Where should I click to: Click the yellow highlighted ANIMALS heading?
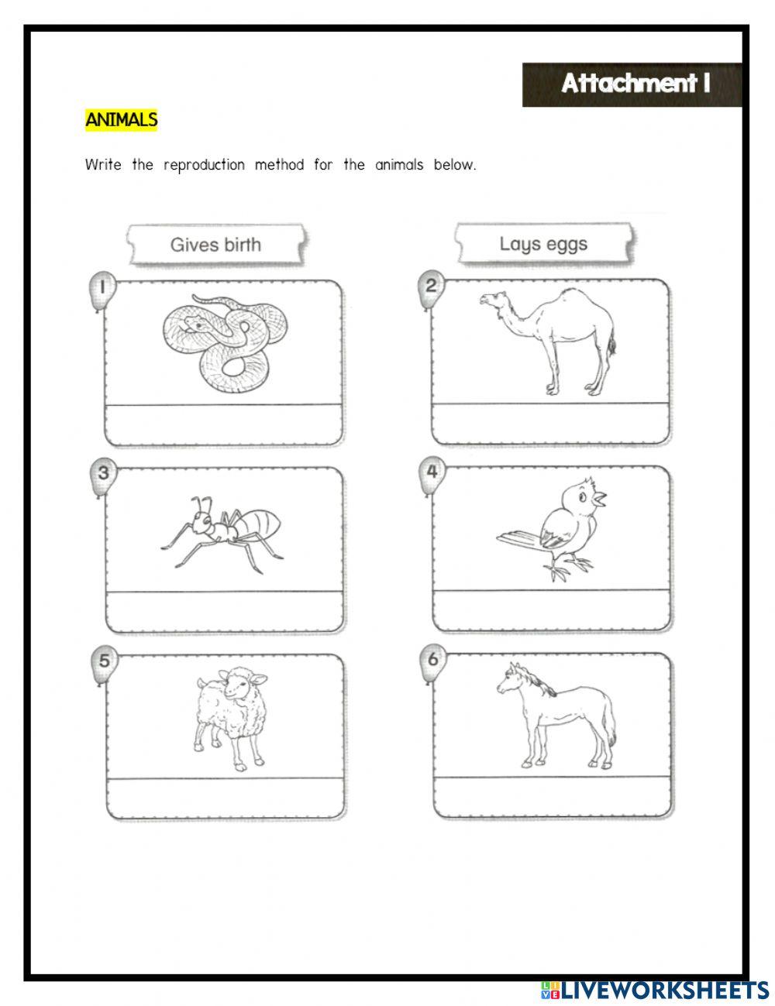(x=121, y=120)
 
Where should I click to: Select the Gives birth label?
(x=215, y=245)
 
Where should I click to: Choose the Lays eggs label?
(x=543, y=245)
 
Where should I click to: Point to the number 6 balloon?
(x=432, y=661)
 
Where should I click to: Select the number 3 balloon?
(x=102, y=473)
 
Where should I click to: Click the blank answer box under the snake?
(x=224, y=424)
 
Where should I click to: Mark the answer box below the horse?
(x=552, y=798)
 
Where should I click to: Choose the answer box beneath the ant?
(x=224, y=611)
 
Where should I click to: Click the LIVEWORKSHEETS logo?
(x=656, y=989)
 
